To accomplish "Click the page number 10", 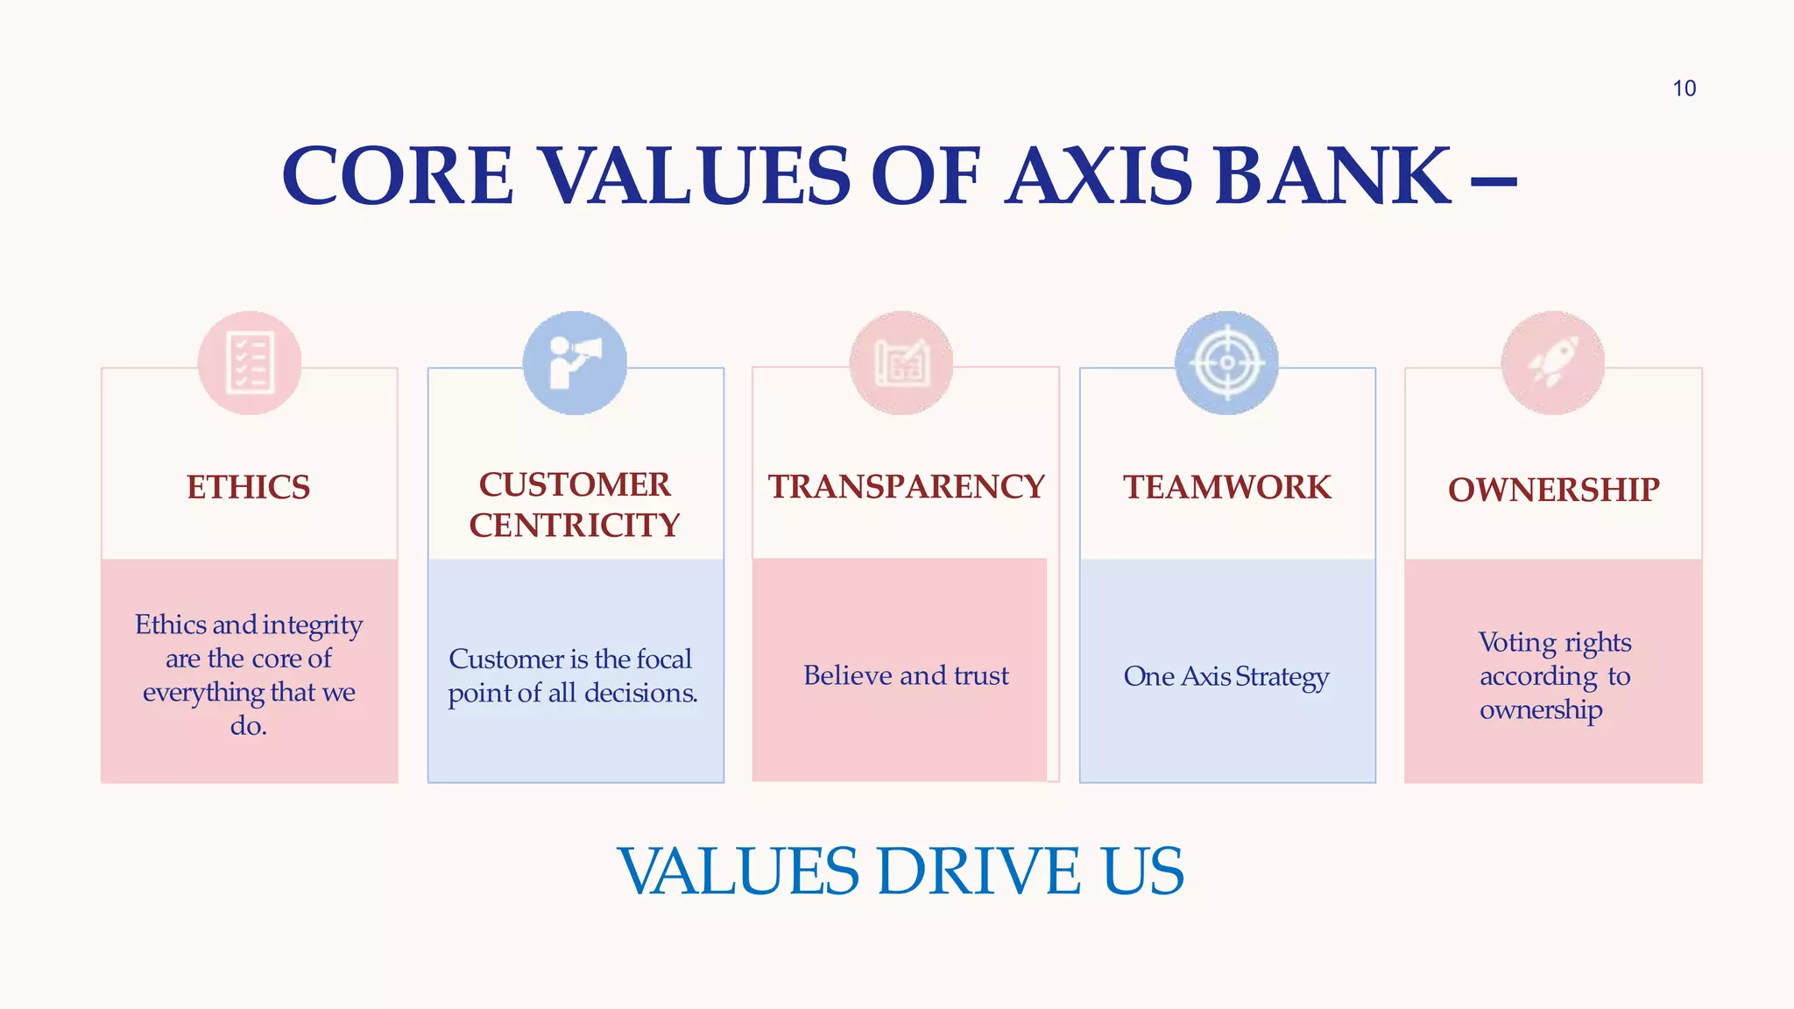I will coord(1684,88).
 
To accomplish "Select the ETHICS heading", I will coord(249,487).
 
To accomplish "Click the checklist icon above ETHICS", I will coord(250,363).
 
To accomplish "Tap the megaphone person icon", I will coord(575,363).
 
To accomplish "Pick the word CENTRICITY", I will coord(575,526).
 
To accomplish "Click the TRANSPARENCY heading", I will coord(907,487).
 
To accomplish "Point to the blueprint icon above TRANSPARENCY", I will coord(901,363).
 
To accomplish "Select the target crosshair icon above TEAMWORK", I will coord(1226,363).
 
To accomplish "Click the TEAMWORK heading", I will coord(1227,487).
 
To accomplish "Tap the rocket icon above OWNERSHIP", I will coord(1553,363).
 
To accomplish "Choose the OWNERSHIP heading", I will coord(1553,490).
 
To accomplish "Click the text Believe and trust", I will coord(906,675).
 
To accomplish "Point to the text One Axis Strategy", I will coord(1226,676).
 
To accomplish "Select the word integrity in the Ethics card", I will coord(312,625).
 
